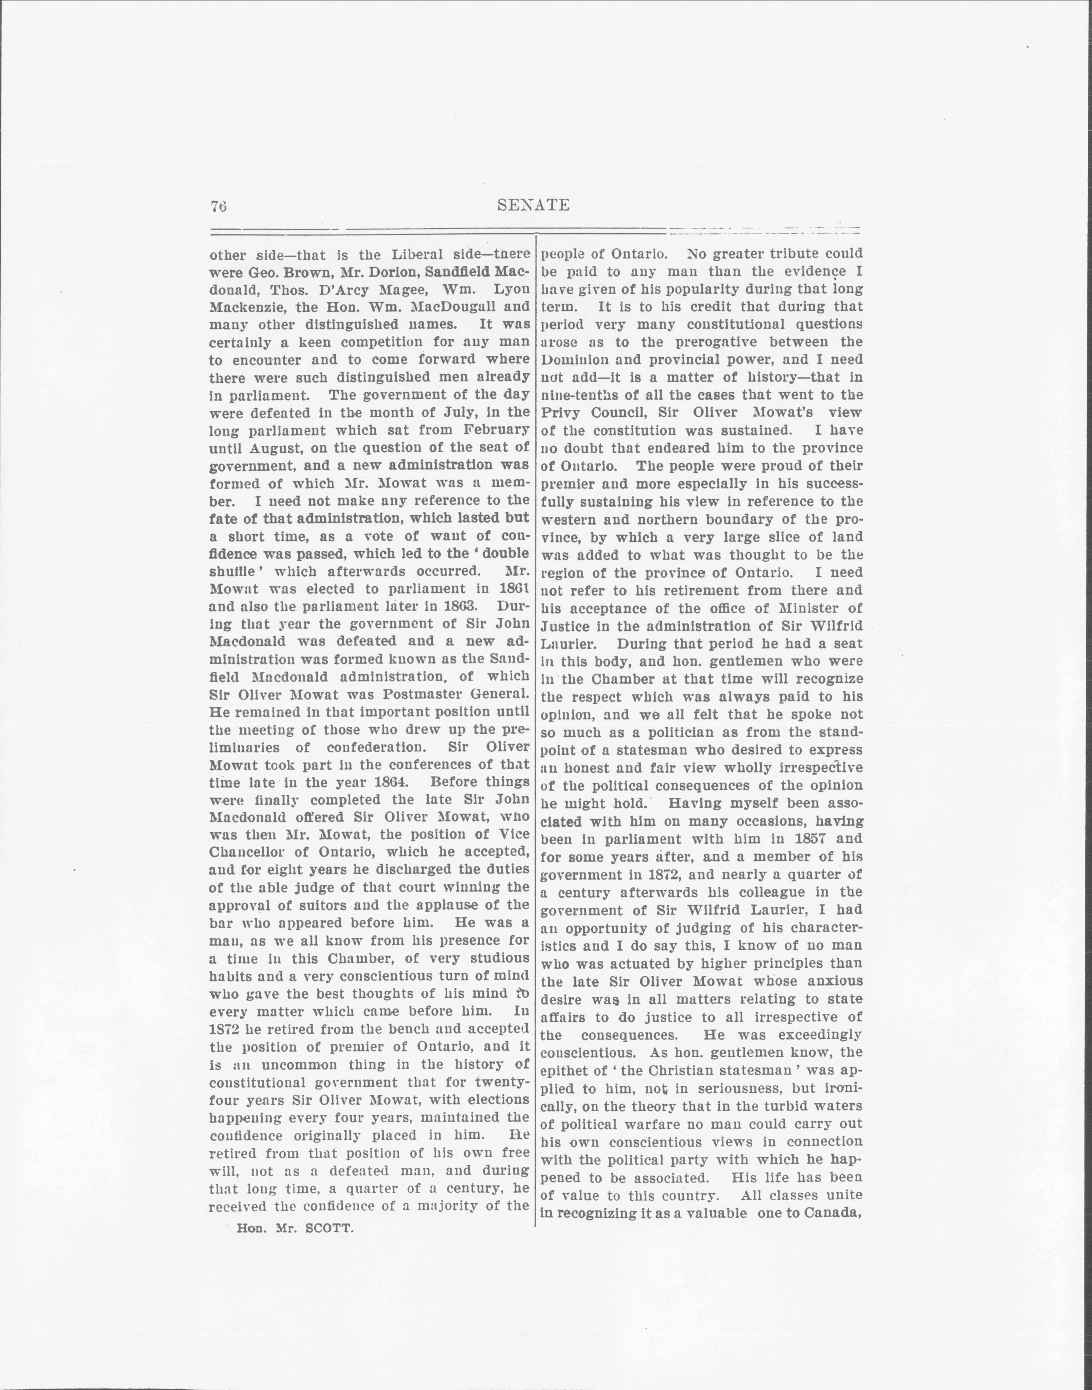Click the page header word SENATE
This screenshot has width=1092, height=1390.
[x=533, y=205]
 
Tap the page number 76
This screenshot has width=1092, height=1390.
[x=219, y=206]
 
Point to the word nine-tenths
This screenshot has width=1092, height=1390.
[x=577, y=395]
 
